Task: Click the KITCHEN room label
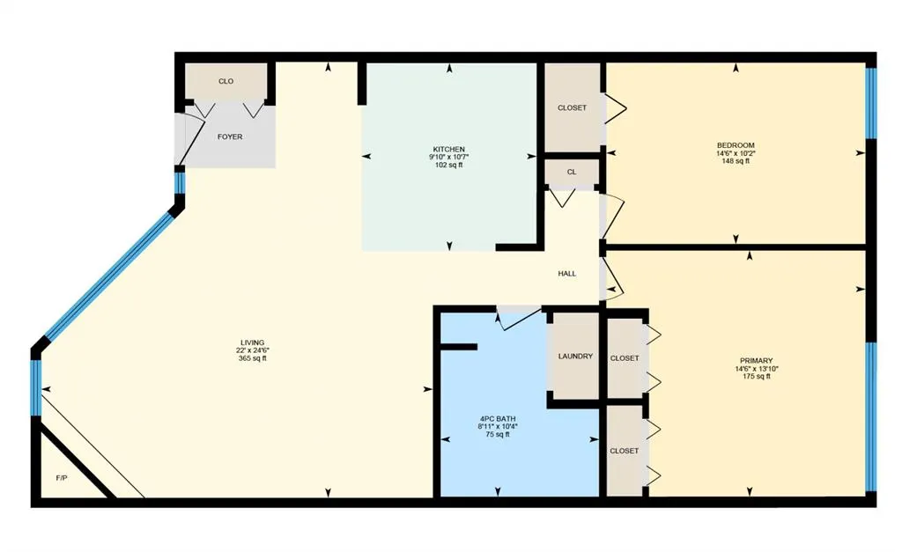click(448, 149)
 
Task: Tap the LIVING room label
click(253, 342)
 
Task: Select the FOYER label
click(230, 136)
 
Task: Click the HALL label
click(567, 274)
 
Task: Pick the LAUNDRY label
click(575, 357)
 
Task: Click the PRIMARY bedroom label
click(756, 360)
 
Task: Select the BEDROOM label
click(736, 145)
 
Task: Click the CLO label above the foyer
click(225, 81)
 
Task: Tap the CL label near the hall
click(572, 172)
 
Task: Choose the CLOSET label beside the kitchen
click(572, 107)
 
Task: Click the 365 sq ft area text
click(253, 358)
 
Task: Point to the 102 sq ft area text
click(448, 165)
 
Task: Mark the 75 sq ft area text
click(498, 434)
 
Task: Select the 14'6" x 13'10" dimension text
click(756, 369)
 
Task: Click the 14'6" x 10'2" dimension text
click(736, 153)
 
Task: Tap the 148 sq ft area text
click(736, 161)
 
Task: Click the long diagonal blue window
click(108, 273)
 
